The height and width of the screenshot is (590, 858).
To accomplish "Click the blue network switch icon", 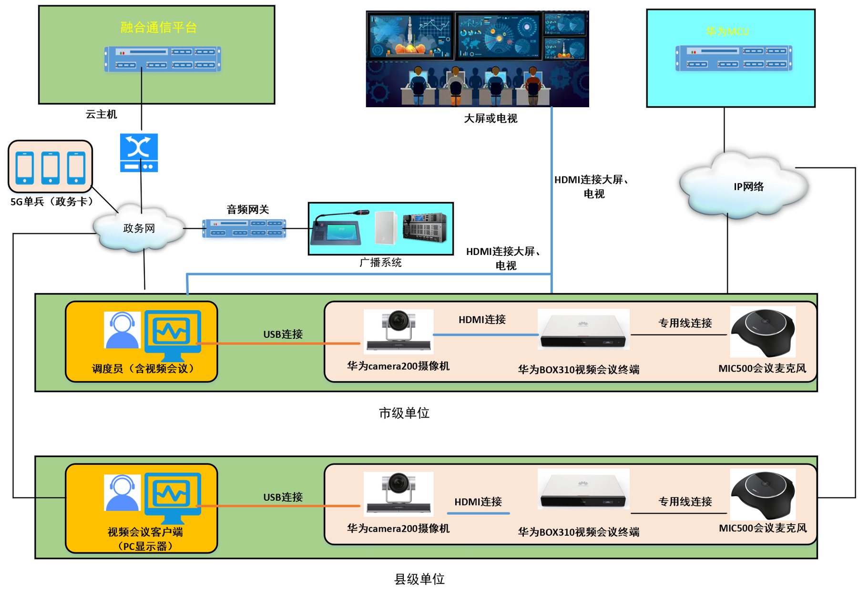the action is (139, 153).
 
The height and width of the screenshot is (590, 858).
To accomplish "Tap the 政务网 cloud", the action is (139, 228).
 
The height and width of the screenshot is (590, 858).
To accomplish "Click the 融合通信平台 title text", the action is (159, 27).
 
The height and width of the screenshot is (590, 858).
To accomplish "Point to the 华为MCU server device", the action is (734, 58).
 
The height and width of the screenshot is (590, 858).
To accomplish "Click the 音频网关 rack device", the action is (244, 228).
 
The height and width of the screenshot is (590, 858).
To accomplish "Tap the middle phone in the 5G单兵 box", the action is (50, 168).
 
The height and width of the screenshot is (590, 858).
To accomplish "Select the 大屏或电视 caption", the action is (490, 118).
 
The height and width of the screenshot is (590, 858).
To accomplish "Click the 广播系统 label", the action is (380, 262).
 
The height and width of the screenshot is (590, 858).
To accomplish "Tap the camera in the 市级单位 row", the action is (398, 332).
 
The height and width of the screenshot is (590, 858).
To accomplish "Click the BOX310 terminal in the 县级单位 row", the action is (583, 489).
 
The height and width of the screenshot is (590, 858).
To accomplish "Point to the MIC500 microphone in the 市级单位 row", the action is (763, 332).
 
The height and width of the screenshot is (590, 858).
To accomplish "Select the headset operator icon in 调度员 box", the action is (122, 330).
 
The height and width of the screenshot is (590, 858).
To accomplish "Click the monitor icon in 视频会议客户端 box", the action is (173, 498).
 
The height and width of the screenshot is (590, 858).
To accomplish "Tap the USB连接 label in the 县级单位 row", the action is (283, 497).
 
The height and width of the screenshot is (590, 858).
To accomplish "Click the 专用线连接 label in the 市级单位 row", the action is (685, 323).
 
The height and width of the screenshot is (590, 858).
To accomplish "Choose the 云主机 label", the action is (101, 114).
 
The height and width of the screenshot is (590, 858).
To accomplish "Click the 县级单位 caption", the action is (419, 579).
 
